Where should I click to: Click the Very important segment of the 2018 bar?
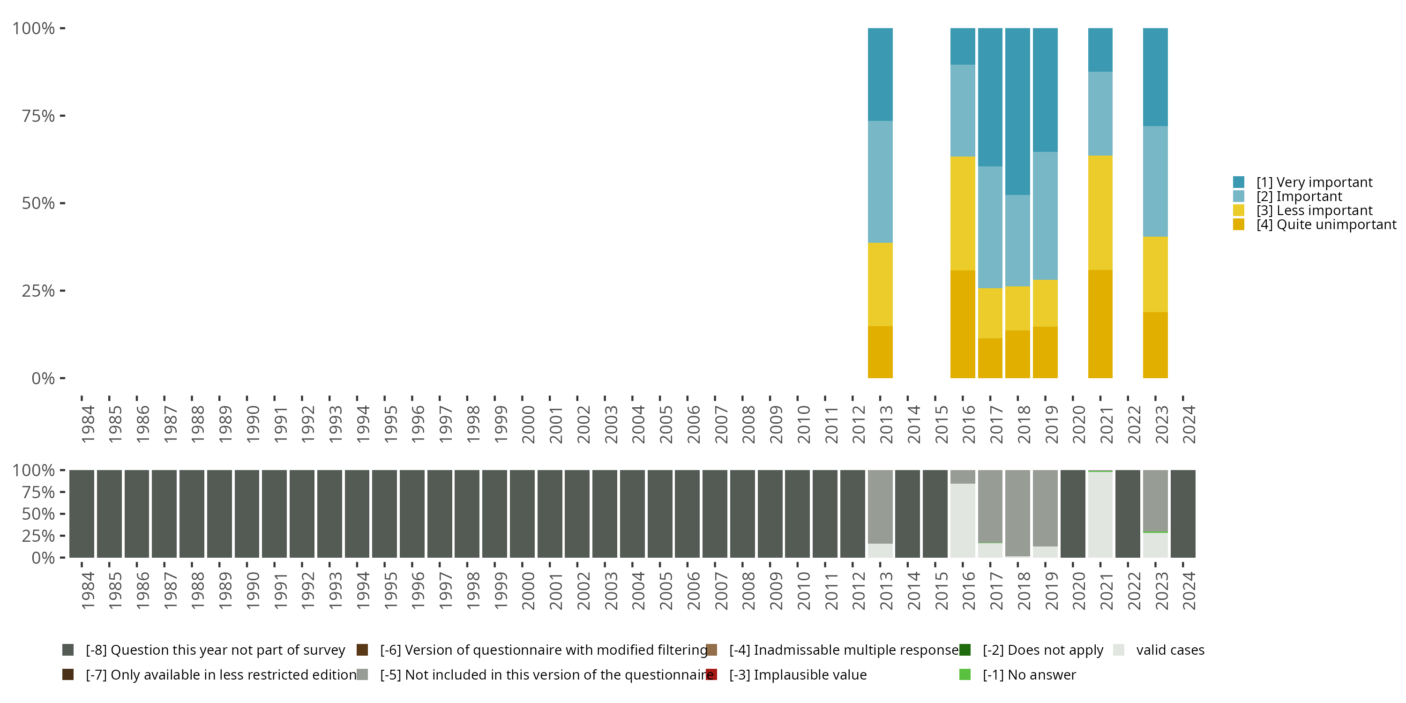[x=1017, y=112]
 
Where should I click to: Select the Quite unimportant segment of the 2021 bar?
[x=1100, y=324]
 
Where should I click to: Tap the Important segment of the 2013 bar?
[x=880, y=182]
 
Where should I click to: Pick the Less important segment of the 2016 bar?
[x=963, y=213]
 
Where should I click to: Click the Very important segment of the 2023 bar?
[x=1155, y=77]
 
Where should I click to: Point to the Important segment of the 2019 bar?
[x=1045, y=216]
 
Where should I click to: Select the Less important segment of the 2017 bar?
[x=990, y=313]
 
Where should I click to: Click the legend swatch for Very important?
[x=1238, y=182]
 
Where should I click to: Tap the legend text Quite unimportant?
[x=1326, y=224]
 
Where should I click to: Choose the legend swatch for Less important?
[x=1238, y=210]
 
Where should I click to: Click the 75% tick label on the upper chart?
[x=38, y=116]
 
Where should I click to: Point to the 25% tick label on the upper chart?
[x=38, y=291]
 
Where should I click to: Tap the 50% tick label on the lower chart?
[x=38, y=514]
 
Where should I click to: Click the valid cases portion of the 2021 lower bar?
[x=1100, y=515]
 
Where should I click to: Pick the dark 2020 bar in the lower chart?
[x=1072, y=514]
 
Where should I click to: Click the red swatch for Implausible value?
[x=711, y=674]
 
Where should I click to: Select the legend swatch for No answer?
[x=965, y=674]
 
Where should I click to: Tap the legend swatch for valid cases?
[x=1118, y=650]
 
